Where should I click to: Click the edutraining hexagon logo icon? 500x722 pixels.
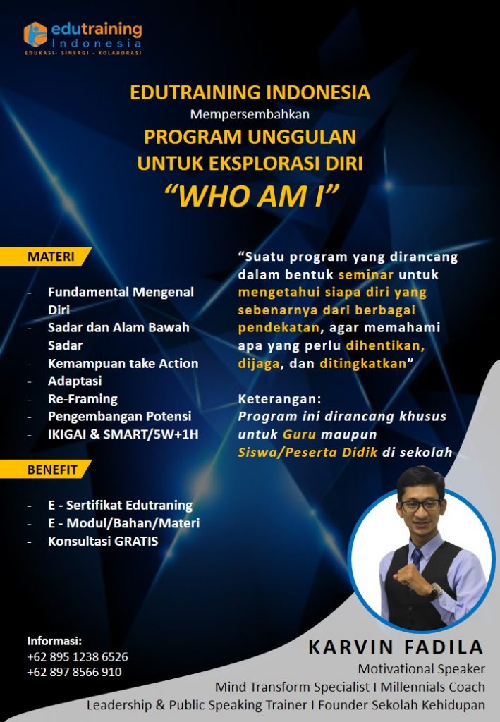(x=35, y=34)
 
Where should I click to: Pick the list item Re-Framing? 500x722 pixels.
(x=83, y=398)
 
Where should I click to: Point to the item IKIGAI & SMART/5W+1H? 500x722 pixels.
(x=123, y=434)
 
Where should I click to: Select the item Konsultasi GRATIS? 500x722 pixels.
(x=103, y=541)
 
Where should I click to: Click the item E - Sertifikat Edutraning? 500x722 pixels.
(x=120, y=505)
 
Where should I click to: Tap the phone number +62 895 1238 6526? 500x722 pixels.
(x=78, y=656)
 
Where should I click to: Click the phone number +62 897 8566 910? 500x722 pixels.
(x=74, y=672)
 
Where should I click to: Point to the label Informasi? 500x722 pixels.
(x=54, y=641)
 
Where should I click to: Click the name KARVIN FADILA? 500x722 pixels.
(x=396, y=647)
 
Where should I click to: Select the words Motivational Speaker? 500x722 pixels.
(x=421, y=668)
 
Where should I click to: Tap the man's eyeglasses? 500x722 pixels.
(x=421, y=505)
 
